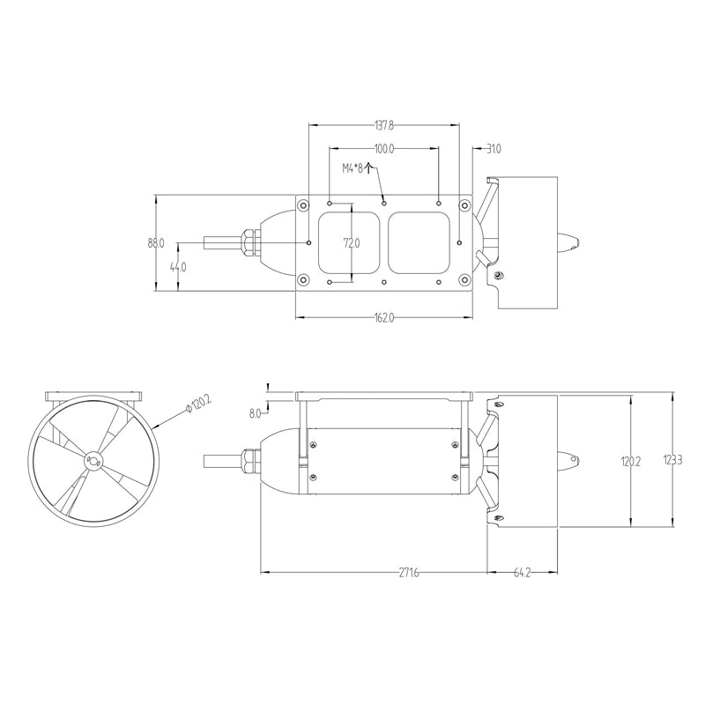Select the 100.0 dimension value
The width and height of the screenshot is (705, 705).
(x=384, y=150)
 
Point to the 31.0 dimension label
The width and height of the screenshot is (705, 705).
(x=493, y=150)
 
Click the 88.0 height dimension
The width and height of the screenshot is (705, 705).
(x=156, y=242)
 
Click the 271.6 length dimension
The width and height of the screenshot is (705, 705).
(x=409, y=573)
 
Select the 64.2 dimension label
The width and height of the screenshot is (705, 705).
(x=522, y=573)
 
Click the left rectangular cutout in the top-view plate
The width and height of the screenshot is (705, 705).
(x=350, y=242)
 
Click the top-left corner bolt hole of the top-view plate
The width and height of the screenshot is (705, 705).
(x=304, y=204)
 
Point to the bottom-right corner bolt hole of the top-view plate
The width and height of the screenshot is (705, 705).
(x=464, y=281)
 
